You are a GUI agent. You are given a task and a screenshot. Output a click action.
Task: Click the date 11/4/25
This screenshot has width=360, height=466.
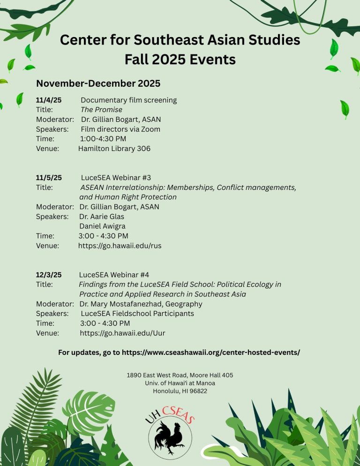pos(49,100)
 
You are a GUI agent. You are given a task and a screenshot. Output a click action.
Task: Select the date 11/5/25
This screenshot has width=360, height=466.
pos(49,178)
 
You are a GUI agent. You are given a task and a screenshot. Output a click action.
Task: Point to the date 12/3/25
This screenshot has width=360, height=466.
pos(49,275)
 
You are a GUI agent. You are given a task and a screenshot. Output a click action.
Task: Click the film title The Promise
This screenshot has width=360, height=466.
pos(101,110)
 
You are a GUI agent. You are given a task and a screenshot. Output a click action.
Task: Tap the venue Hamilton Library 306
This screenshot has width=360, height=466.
pos(114,149)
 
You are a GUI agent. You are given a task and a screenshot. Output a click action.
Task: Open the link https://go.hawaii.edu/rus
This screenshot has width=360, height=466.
pos(120,246)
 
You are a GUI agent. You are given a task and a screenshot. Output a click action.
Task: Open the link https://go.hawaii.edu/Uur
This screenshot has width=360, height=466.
pos(122,333)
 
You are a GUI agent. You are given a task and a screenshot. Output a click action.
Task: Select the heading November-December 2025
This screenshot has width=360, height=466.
pos(98,83)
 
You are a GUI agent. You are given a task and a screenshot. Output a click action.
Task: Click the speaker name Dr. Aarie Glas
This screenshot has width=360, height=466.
pos(102,217)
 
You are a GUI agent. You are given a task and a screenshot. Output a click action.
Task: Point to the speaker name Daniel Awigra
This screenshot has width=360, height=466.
pos(102,226)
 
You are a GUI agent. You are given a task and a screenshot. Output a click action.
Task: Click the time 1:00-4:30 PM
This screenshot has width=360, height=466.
pos(103,139)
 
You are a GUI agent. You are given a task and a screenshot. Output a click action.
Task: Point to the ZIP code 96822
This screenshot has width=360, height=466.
pos(197,391)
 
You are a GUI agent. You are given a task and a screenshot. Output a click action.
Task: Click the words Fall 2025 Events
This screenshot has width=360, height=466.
pos(180,60)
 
